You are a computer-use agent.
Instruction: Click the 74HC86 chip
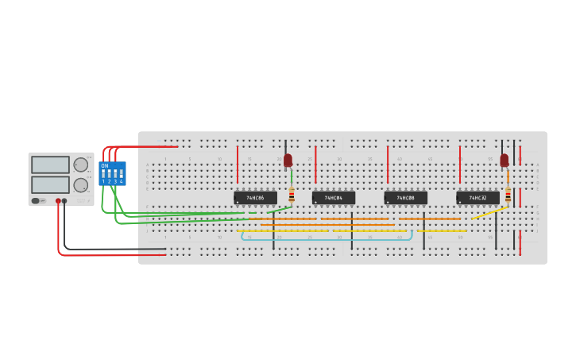pyautogui.click(x=255, y=198)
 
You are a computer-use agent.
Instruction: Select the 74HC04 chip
pyautogui.click(x=333, y=198)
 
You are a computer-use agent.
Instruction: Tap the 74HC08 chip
pyautogui.click(x=405, y=198)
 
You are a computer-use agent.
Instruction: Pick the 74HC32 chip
pyautogui.click(x=477, y=198)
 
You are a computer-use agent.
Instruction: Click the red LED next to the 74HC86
pyautogui.click(x=288, y=161)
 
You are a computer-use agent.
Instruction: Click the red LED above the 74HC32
pyautogui.click(x=504, y=161)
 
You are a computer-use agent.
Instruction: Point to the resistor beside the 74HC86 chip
pyautogui.click(x=292, y=195)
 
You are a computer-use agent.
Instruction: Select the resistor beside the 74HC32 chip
pyautogui.click(x=508, y=195)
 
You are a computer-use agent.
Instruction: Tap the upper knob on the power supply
pyautogui.click(x=80, y=165)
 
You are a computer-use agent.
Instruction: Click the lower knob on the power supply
pyautogui.click(x=80, y=185)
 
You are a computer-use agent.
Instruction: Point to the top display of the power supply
pyautogui.click(x=50, y=165)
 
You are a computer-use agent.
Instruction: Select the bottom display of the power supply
pyautogui.click(x=50, y=184)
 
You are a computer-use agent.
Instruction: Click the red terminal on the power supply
pyautogui.click(x=58, y=201)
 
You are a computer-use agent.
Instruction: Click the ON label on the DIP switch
pyautogui.click(x=105, y=165)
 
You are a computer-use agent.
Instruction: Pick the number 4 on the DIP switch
pyautogui.click(x=121, y=182)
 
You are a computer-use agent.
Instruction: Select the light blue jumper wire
pyautogui.click(x=326, y=239)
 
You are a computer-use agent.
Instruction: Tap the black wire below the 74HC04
pyautogui.click(x=352, y=231)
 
